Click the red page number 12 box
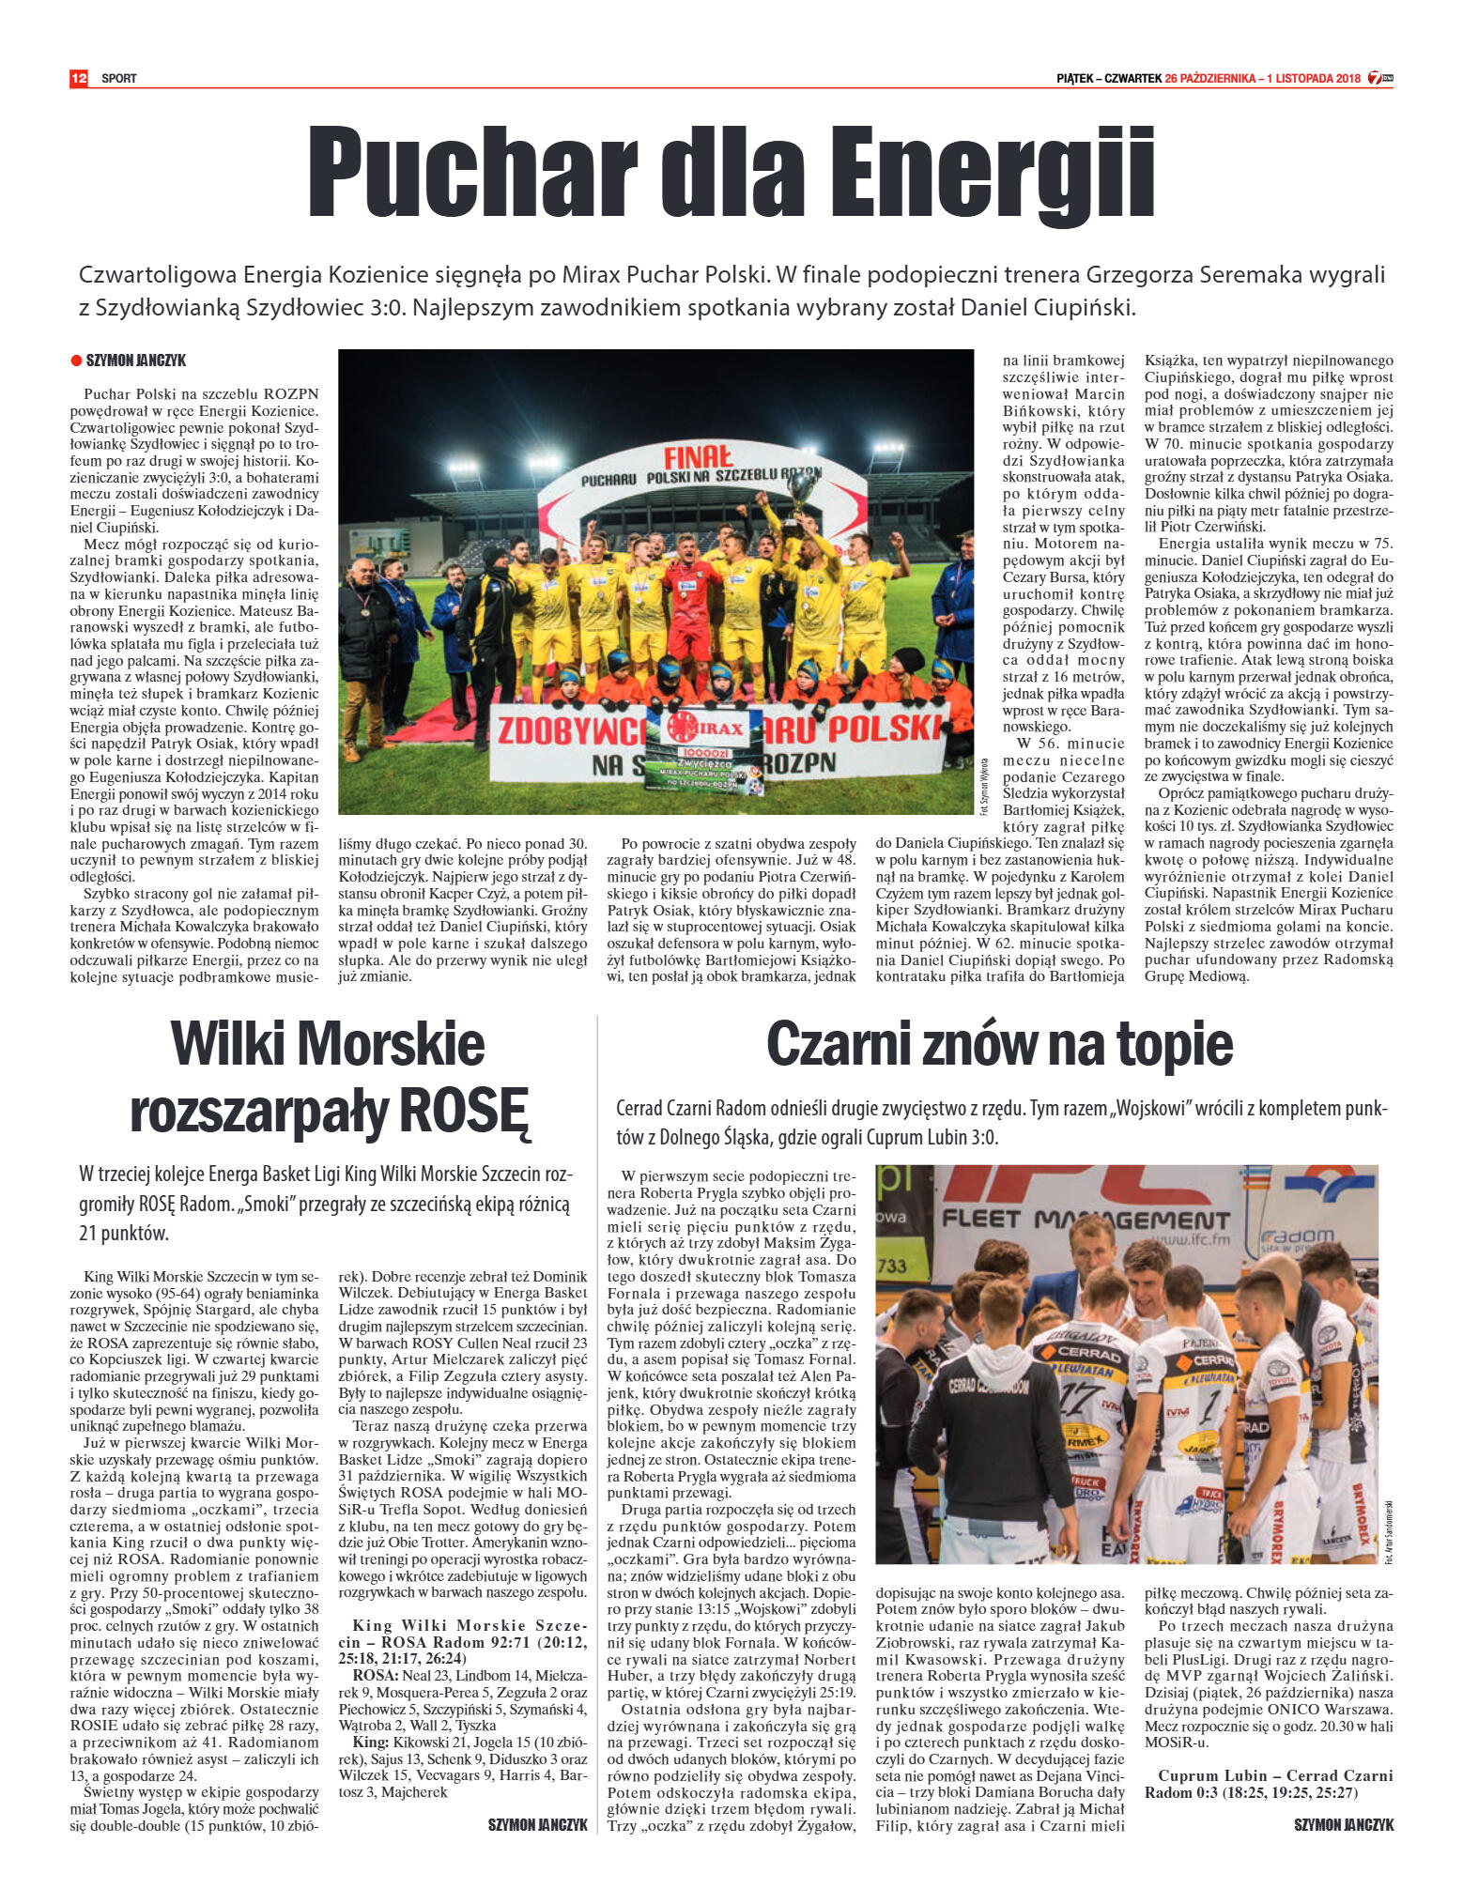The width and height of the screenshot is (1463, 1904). [78, 78]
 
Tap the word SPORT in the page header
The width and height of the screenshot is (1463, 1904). [119, 79]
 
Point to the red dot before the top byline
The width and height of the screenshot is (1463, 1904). [76, 361]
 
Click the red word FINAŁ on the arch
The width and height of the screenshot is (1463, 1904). [699, 457]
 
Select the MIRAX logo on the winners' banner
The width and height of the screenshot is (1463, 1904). [702, 728]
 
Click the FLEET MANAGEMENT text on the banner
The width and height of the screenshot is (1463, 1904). [1086, 1220]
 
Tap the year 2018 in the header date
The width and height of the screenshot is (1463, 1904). [1347, 79]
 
